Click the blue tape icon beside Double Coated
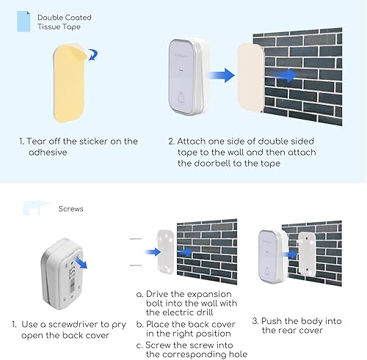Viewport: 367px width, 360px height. tap(23, 21)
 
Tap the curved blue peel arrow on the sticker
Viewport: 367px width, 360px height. tap(93, 54)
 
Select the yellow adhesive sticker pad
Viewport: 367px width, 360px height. tap(69, 83)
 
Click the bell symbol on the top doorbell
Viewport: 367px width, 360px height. tap(181, 98)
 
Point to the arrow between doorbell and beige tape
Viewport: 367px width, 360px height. tap(220, 76)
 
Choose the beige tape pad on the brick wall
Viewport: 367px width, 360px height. tap(250, 77)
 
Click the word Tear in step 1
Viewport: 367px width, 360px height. tap(35, 142)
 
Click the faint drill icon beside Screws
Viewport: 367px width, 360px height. tap(37, 208)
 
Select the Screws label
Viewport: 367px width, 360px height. tap(70, 209)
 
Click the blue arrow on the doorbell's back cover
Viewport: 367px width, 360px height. tap(80, 262)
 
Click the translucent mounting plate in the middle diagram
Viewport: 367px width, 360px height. tap(165, 251)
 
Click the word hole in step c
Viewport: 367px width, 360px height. tap(237, 354)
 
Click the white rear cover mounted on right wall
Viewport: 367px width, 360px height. tap(306, 254)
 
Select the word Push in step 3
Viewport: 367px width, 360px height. tap(272, 321)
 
